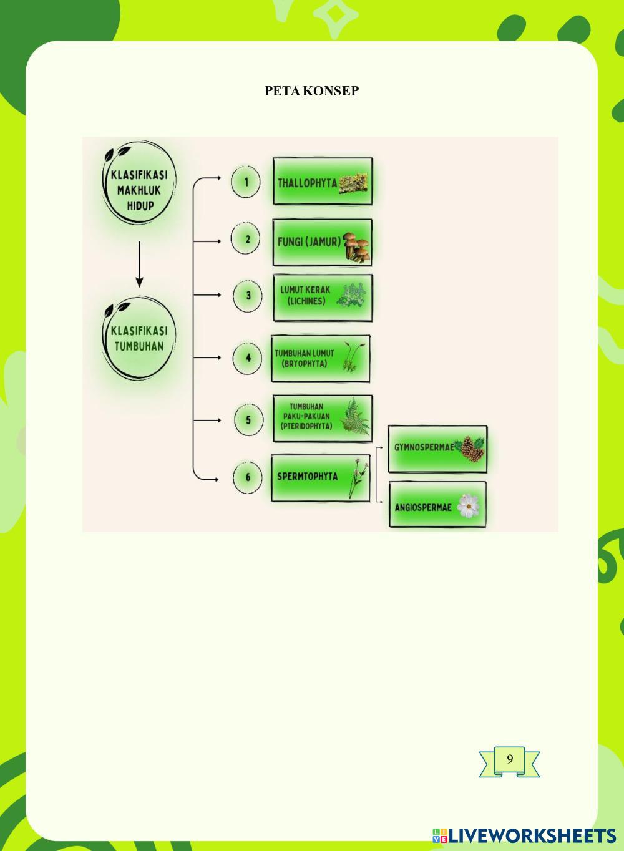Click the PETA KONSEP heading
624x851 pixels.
[312, 91]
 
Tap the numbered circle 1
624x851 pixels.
[246, 182]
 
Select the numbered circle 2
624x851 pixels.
[247, 240]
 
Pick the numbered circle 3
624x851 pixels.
[248, 296]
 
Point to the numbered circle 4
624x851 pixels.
[248, 358]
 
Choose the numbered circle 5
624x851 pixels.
[248, 419]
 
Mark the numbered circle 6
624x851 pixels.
[248, 477]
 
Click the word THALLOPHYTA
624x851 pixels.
[307, 183]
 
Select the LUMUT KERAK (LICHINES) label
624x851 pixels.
[305, 296]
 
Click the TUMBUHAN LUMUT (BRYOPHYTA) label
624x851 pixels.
[305, 358]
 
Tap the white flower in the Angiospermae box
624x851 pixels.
[467, 506]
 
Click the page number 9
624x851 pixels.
[510, 759]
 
